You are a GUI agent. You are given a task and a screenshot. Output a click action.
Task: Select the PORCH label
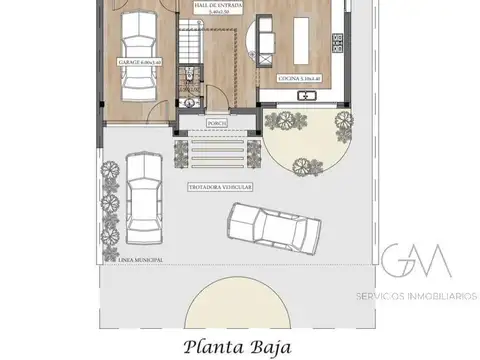[x=215, y=124]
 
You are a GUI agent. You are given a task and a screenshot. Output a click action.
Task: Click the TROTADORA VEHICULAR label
[x=219, y=186]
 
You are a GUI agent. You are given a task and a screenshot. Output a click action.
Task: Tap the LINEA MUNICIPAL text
[x=140, y=259]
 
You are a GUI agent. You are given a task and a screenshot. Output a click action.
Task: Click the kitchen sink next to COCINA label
[x=309, y=96]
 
